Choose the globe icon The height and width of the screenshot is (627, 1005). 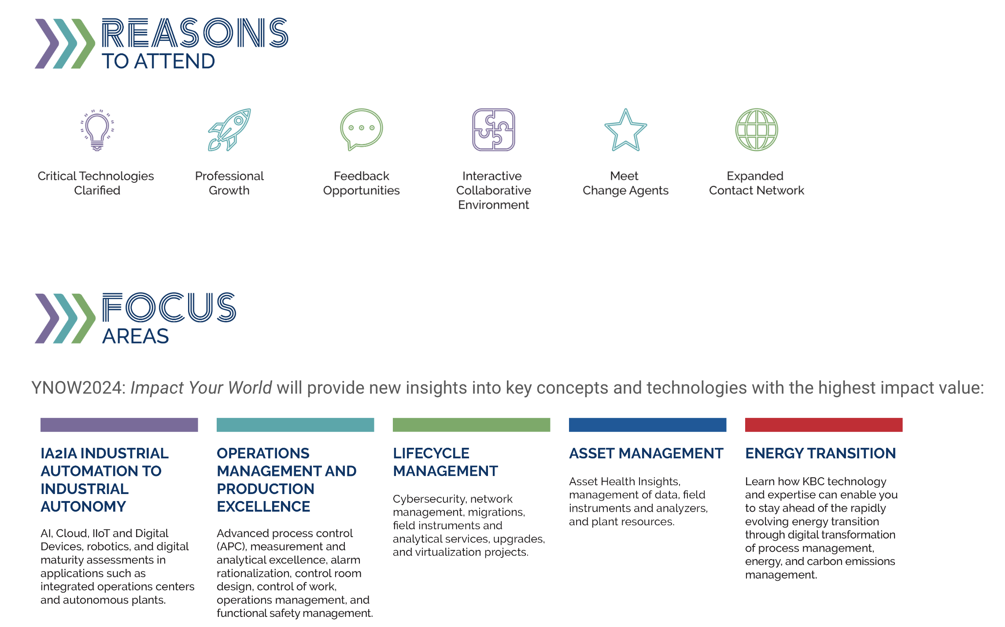(757, 130)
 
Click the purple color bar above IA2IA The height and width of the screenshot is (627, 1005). (119, 425)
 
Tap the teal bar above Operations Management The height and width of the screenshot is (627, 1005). (296, 425)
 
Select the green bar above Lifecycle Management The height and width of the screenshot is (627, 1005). (472, 425)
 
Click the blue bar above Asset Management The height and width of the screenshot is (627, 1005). (648, 425)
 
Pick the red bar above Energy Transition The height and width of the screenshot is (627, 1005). (824, 425)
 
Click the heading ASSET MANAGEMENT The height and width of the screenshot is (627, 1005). (646, 453)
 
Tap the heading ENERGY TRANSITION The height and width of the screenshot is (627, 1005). (820, 453)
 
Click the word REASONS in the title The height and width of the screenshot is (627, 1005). (195, 33)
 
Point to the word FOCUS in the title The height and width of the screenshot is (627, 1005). (170, 307)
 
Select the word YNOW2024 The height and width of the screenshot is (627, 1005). (79, 388)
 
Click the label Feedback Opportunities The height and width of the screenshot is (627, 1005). (362, 183)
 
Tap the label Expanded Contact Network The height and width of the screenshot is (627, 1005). (756, 183)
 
